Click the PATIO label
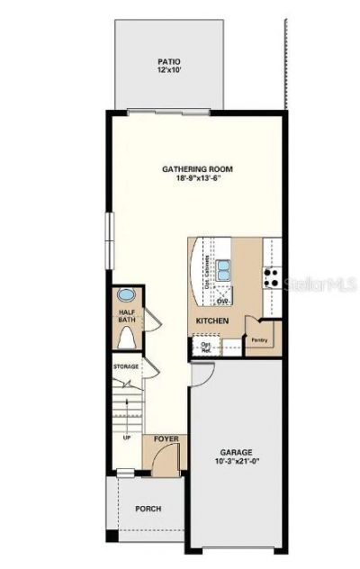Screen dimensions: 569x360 coord(169,62)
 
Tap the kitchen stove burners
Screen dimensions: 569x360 coord(271,275)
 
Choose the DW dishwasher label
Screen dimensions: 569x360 coord(221,301)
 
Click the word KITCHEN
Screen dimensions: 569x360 coord(212,321)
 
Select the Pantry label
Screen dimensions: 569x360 coord(260,340)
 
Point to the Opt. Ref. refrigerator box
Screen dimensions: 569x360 coord(206,347)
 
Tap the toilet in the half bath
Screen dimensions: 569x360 coord(127,339)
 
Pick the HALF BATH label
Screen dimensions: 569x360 coord(126,318)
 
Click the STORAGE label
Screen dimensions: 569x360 coord(126,367)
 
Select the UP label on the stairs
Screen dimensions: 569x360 coord(126,438)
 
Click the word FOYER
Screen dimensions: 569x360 coord(166,438)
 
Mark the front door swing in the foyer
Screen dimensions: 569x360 coord(161,460)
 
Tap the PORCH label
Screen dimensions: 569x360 coord(148,509)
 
